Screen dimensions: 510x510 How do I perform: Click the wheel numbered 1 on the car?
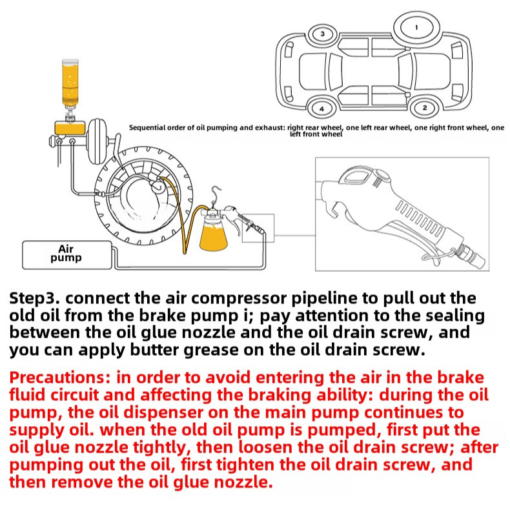point(416,28)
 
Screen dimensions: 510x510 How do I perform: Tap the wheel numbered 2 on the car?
point(424,107)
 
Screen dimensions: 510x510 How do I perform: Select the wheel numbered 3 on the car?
point(323,34)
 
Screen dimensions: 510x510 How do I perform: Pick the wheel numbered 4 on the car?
point(321,107)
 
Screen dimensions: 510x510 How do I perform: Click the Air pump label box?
point(66,254)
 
